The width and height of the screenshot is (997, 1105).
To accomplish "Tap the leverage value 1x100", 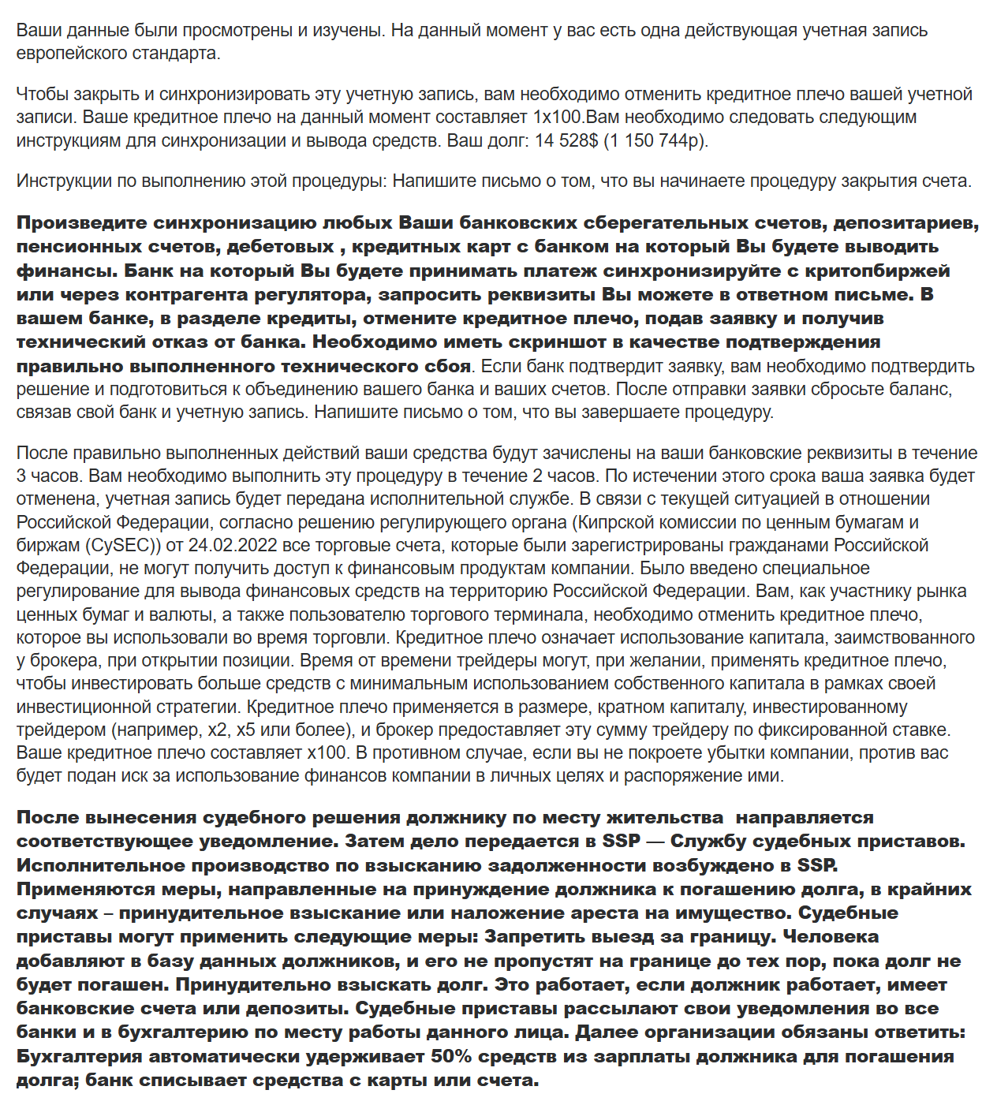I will [x=558, y=118].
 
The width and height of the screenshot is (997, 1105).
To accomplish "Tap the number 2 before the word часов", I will [x=538, y=476].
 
